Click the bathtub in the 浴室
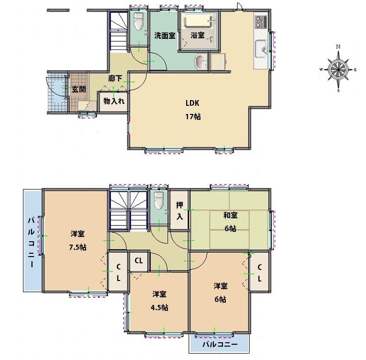pos(199,22)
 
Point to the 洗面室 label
pos(164,35)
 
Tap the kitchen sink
pos(261,48)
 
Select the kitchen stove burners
pos(261,21)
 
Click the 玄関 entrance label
pos(78,89)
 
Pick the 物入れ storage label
pos(114,101)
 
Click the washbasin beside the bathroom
pos(200,61)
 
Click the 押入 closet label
pos(179,211)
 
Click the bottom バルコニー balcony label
pos(220,344)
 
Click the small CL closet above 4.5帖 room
pos(139,261)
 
